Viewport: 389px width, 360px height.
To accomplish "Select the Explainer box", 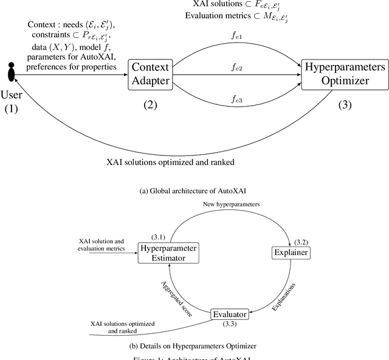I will pos(290,253).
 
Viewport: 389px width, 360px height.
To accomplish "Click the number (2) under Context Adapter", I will pos(150,104).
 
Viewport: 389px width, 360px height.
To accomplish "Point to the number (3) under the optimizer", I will pos(345,104).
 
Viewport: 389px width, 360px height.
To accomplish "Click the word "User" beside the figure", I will pos(12,95).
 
